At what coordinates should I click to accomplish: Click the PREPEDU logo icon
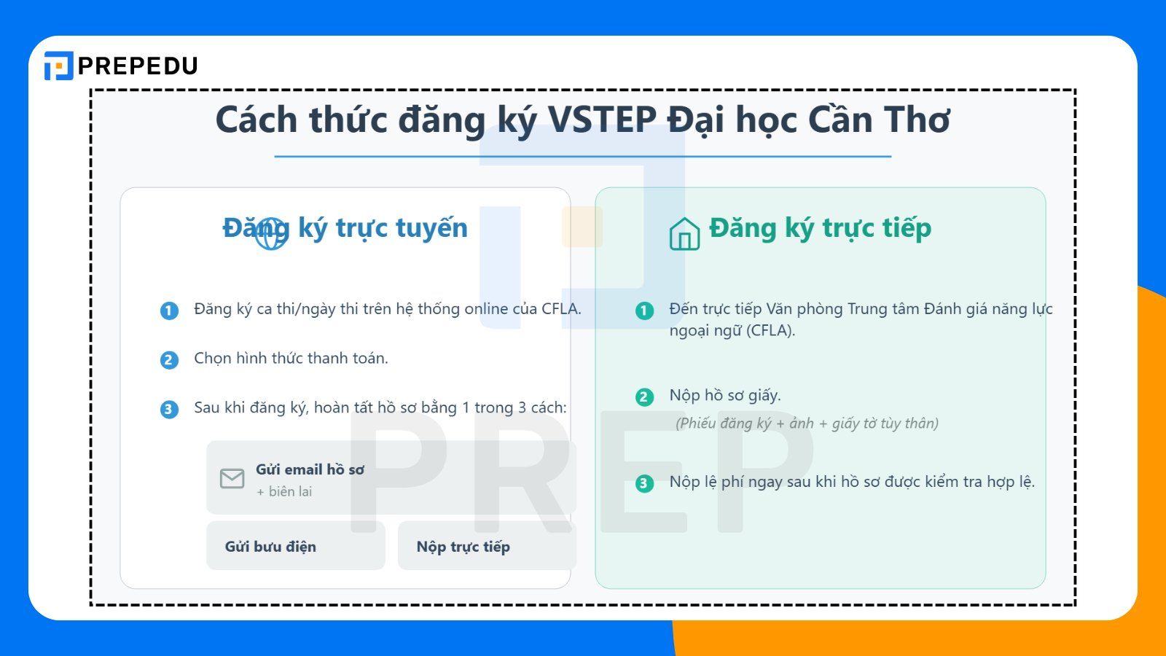tap(58, 66)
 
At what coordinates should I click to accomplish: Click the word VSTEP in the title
tap(602, 120)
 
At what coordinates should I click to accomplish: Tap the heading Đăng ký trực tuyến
tap(345, 228)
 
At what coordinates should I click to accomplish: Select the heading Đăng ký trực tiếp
tap(820, 228)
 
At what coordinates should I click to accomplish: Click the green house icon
tap(684, 234)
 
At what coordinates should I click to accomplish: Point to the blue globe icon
tap(270, 233)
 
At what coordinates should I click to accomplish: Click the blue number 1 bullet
tap(169, 311)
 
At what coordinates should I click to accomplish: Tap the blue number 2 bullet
tap(169, 360)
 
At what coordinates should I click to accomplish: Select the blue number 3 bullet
tap(169, 410)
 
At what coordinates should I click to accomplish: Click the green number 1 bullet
tap(644, 311)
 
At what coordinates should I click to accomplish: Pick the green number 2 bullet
tap(644, 397)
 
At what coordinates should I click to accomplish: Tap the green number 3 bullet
tap(644, 483)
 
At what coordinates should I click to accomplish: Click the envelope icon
tap(232, 479)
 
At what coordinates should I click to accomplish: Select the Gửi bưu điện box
tap(295, 546)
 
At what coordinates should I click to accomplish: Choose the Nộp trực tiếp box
tap(486, 546)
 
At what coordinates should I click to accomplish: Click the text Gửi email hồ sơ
tap(310, 469)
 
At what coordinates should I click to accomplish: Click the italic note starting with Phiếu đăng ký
tap(807, 423)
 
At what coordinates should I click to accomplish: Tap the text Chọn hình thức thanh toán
tap(291, 359)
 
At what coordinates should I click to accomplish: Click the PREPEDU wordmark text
tap(138, 66)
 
